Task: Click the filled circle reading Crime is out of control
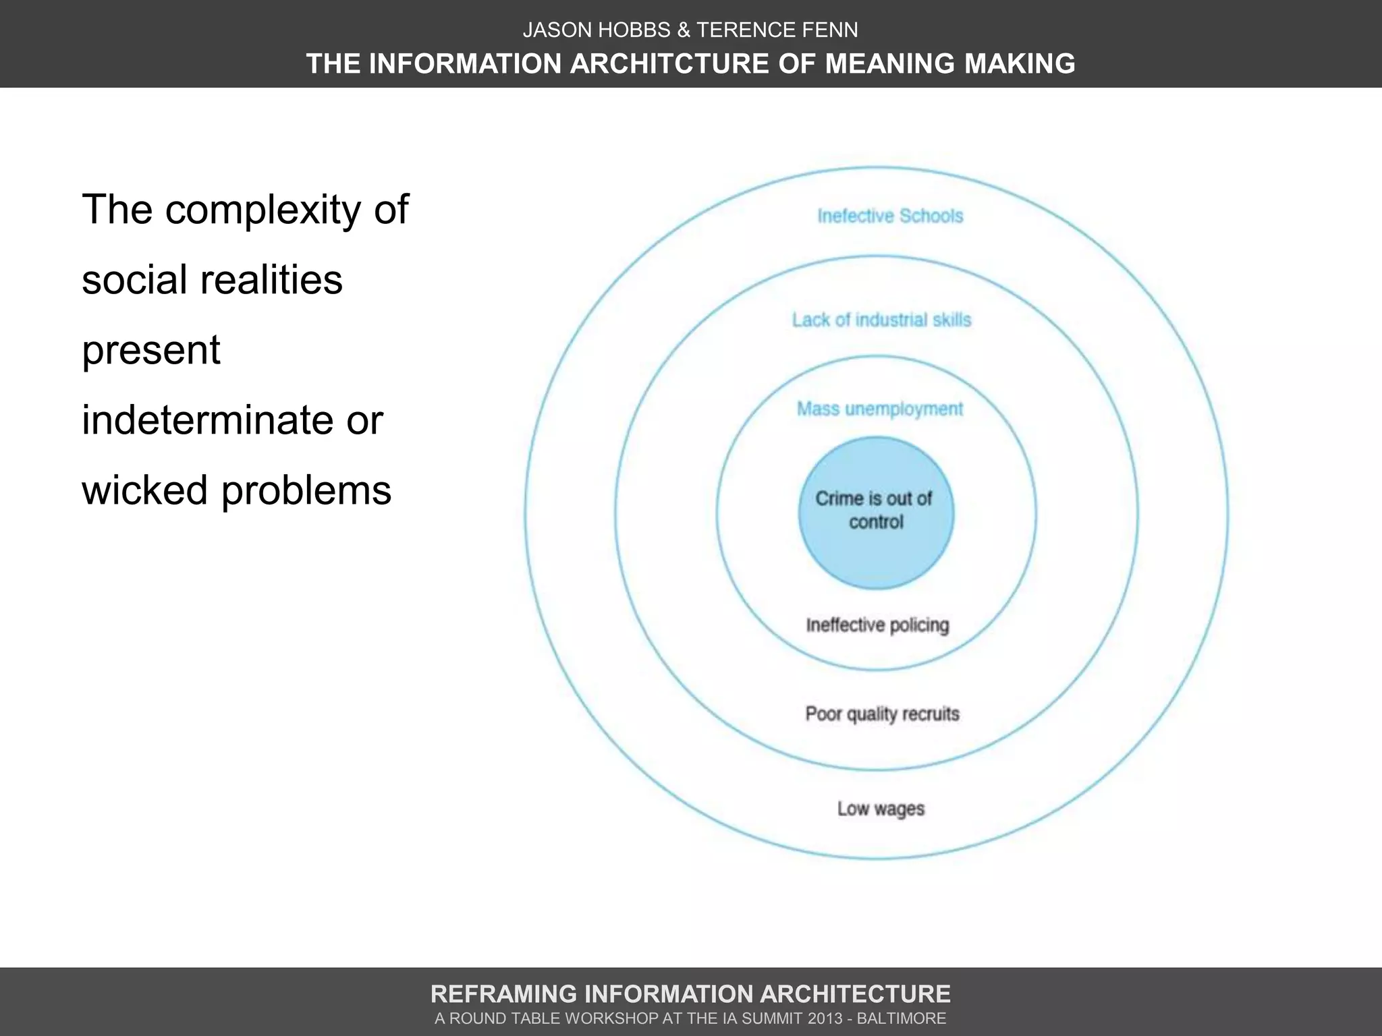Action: [876, 512]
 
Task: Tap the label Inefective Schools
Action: [890, 216]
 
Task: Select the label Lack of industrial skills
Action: [881, 320]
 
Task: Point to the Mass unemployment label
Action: [880, 409]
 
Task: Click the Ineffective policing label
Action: [877, 625]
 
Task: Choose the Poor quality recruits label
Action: [882, 714]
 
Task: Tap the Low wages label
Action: [881, 808]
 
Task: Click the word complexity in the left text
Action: [263, 210]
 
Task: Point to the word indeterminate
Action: [208, 420]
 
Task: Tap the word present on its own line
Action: [150, 349]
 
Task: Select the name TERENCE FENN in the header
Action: [777, 30]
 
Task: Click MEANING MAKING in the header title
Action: [950, 63]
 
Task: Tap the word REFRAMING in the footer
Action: [503, 994]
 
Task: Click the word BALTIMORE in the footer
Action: [902, 1018]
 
